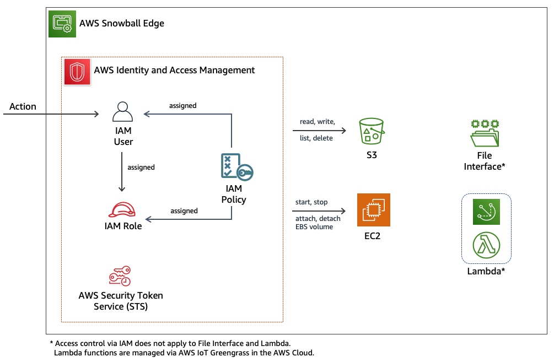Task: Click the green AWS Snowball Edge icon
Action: tap(62, 23)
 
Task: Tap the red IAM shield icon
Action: tap(77, 72)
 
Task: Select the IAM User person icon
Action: tap(123, 112)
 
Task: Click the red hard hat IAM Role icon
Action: tap(123, 209)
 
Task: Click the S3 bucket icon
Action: tap(371, 131)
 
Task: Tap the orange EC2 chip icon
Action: tap(373, 210)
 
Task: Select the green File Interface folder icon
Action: tap(485, 132)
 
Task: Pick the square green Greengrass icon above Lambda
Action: tap(486, 212)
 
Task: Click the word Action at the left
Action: tap(23, 106)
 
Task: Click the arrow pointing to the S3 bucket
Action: tap(320, 131)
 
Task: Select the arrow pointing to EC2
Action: tap(320, 211)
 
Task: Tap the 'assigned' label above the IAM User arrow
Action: tap(183, 105)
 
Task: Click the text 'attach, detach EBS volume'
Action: tap(318, 223)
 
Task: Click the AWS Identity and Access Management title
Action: tap(174, 70)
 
